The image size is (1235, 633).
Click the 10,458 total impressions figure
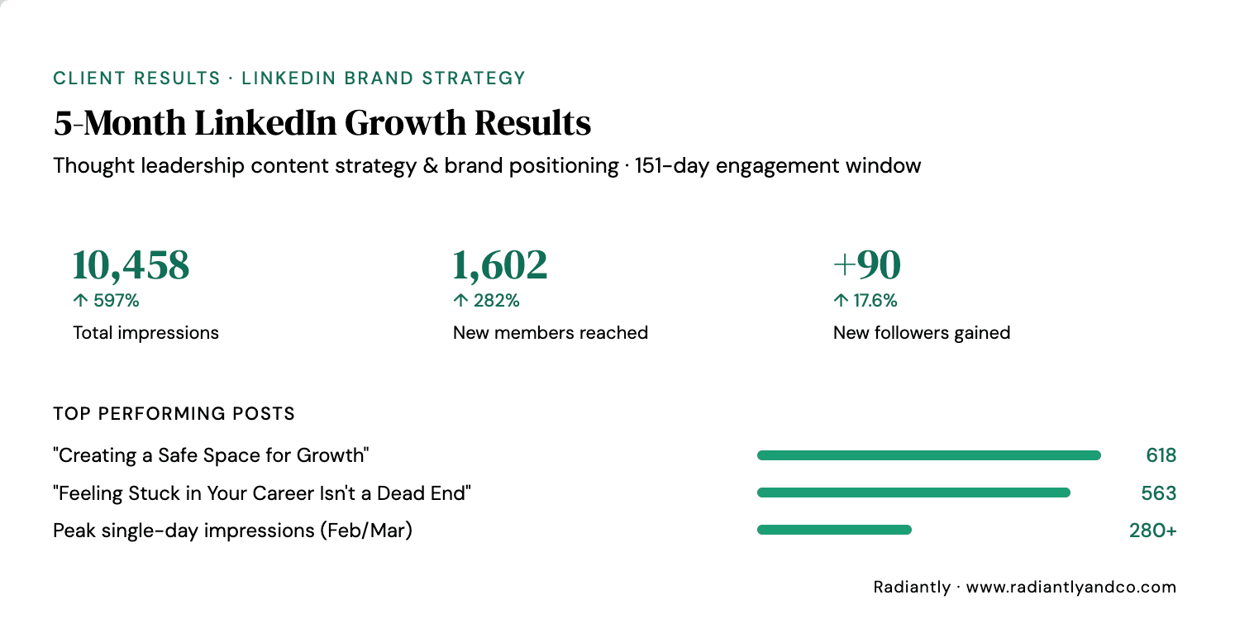coord(131,264)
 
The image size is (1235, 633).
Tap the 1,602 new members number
coord(500,264)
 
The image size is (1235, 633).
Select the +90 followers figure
coord(867,264)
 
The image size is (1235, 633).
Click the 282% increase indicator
coord(486,301)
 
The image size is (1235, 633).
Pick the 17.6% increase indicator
coord(865,301)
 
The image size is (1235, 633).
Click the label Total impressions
coord(146,333)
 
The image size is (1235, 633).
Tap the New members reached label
coord(551,333)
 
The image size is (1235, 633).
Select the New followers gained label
coord(922,333)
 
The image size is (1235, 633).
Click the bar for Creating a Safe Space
coord(928,455)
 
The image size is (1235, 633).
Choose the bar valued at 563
coord(913,493)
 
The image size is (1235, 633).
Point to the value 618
coord(1161,455)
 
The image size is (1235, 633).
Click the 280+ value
coord(1152,531)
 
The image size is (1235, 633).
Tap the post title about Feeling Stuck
coord(262,493)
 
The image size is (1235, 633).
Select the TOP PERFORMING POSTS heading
coord(174,414)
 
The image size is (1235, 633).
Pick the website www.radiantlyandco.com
coord(1070,588)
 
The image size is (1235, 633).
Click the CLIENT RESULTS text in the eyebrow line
coord(136,79)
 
